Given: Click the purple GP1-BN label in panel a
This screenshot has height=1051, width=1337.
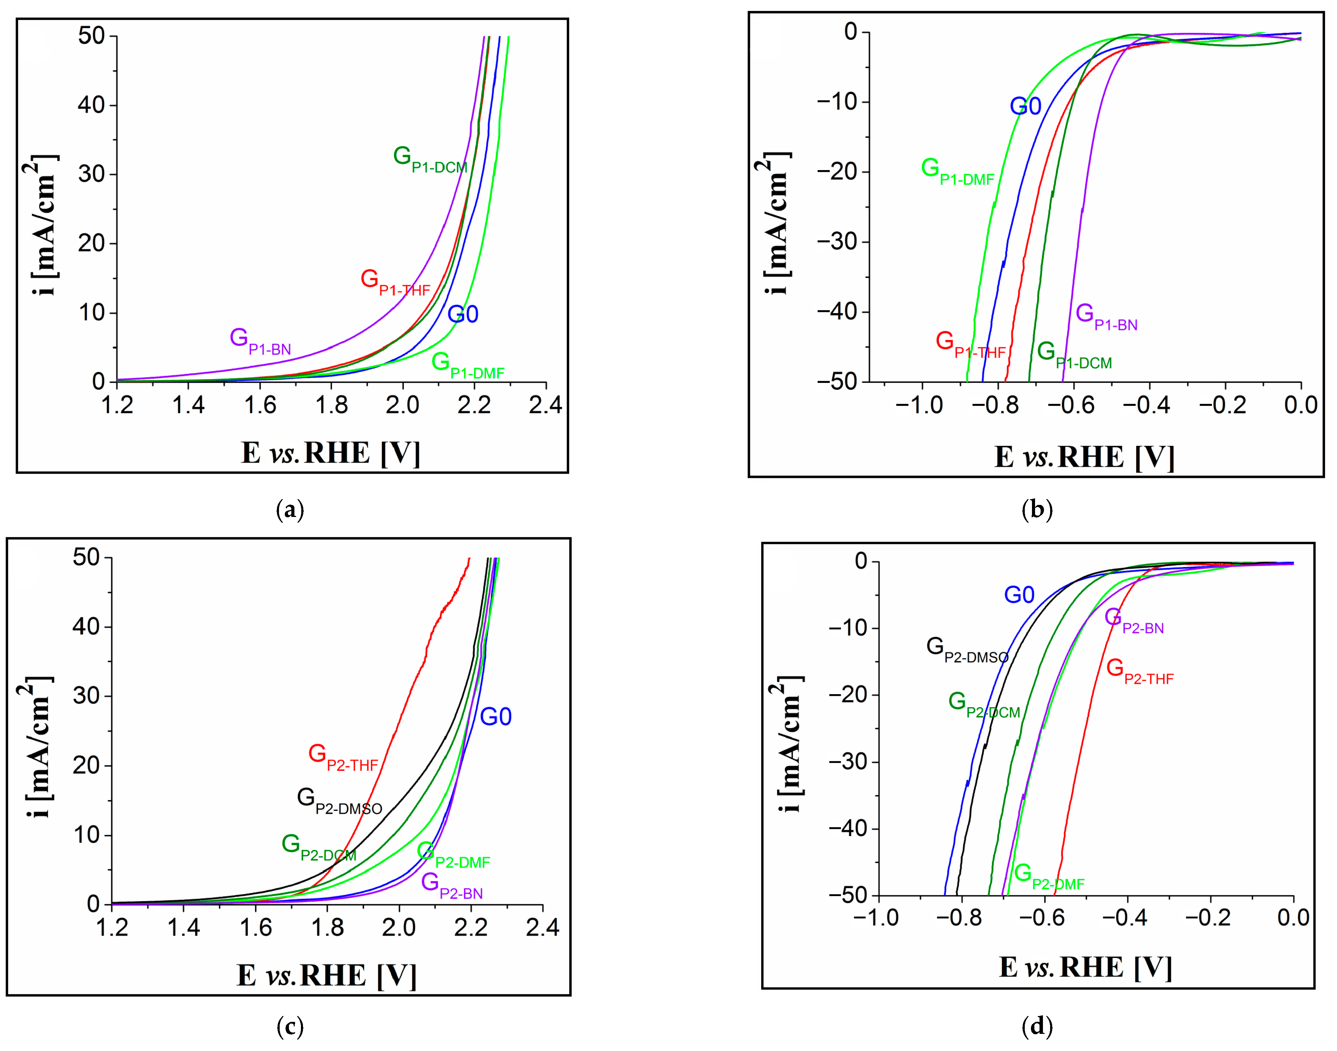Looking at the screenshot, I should point(260,341).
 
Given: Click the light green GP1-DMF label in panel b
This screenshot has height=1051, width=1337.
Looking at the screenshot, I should point(957,172).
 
